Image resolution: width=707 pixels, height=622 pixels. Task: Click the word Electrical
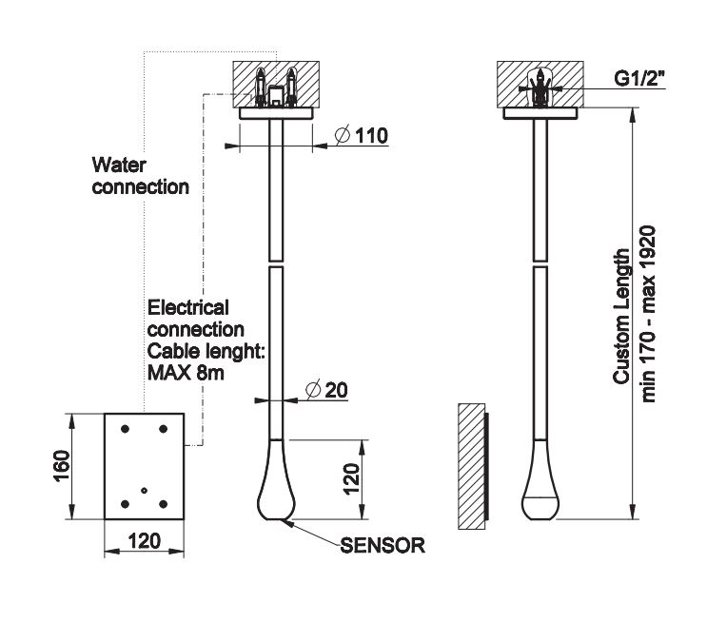point(187,308)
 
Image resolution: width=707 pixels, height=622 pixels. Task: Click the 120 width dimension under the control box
point(143,541)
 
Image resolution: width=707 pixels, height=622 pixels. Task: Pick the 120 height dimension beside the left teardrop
point(351,479)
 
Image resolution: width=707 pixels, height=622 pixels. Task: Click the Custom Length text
point(622,316)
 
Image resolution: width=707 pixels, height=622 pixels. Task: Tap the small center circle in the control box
point(143,491)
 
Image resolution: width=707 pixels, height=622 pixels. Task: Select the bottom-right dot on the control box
point(163,503)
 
